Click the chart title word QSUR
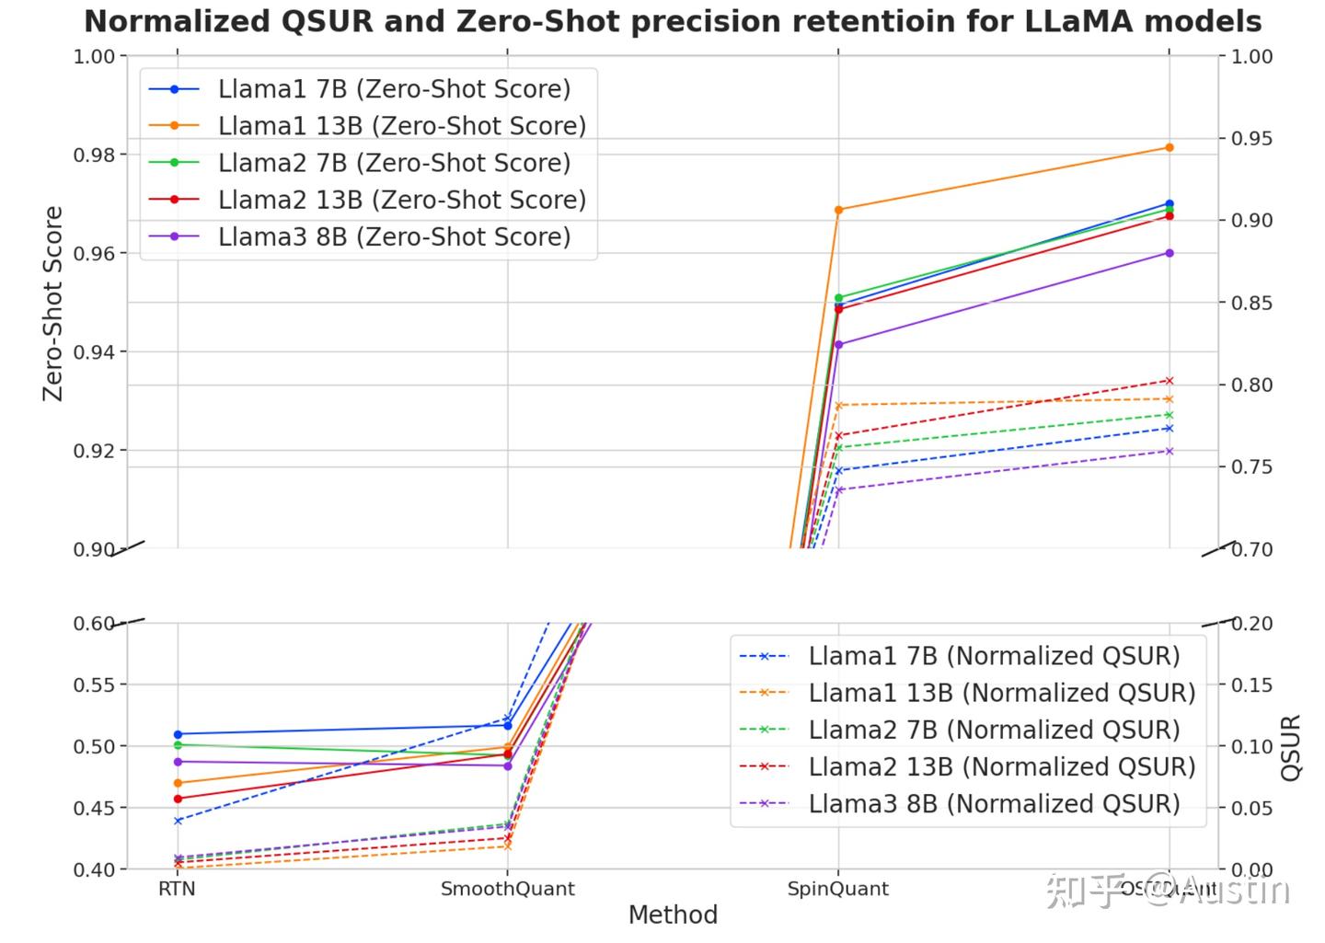coord(328,21)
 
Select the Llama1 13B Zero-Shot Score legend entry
coord(401,126)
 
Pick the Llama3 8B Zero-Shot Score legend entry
coord(394,237)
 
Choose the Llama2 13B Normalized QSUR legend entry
coord(1001,767)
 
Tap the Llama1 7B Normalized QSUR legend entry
coord(994,656)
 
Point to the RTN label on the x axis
coord(177,890)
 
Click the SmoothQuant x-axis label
coord(507,890)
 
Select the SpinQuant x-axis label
coord(837,890)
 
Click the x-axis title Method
coord(673,915)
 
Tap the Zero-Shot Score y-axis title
coord(53,303)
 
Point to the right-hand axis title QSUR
coord(1292,747)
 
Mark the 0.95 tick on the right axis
coord(1252,139)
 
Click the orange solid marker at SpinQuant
coord(838,211)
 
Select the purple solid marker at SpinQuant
coord(838,345)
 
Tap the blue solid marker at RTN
coord(178,735)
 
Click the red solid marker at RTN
coord(178,799)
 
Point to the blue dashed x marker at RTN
coord(178,821)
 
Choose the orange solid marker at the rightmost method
coord(1169,147)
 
